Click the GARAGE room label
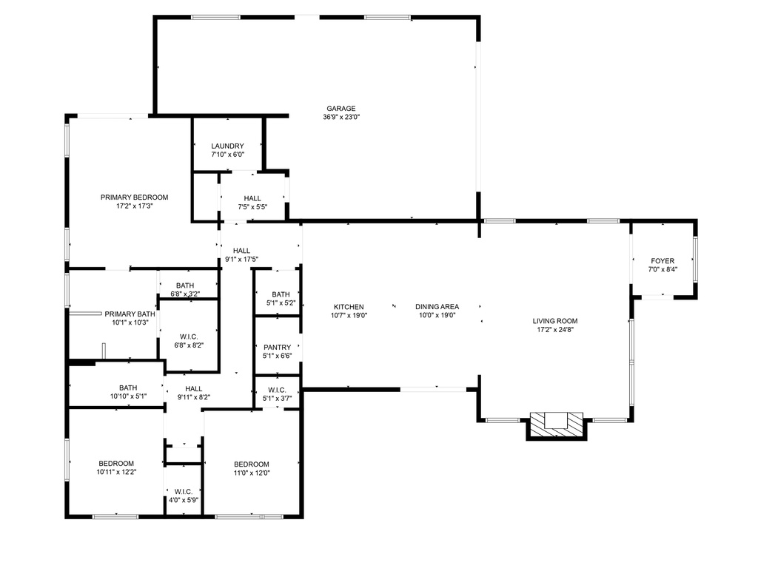pyautogui.click(x=341, y=109)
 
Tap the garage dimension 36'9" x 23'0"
pyautogui.click(x=341, y=117)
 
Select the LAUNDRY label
pyautogui.click(x=228, y=146)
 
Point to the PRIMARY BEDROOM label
pyautogui.click(x=135, y=197)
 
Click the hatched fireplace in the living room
pyautogui.click(x=557, y=425)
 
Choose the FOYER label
pyautogui.click(x=663, y=261)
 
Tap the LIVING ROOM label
pyautogui.click(x=555, y=321)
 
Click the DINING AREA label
pyautogui.click(x=437, y=307)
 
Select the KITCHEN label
pyautogui.click(x=349, y=307)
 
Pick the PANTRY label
pyautogui.click(x=277, y=348)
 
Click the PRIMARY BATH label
pyautogui.click(x=130, y=314)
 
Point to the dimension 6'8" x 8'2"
pyautogui.click(x=189, y=345)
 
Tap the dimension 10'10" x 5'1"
pyautogui.click(x=128, y=396)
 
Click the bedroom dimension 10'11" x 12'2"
pyautogui.click(x=116, y=472)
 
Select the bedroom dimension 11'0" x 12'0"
pyautogui.click(x=252, y=473)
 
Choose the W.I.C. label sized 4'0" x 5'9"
pyautogui.click(x=184, y=492)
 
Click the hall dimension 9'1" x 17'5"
pyautogui.click(x=242, y=260)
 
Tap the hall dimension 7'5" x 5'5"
pyautogui.click(x=252, y=207)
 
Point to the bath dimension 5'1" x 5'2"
pyautogui.click(x=281, y=302)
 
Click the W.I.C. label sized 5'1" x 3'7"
pyautogui.click(x=277, y=390)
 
